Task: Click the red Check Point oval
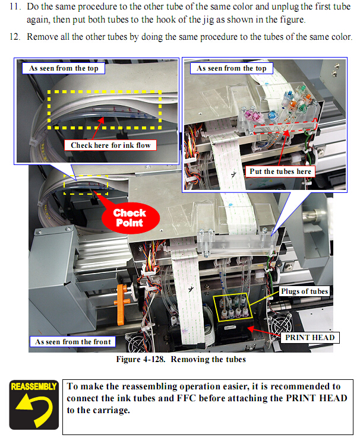click(x=130, y=217)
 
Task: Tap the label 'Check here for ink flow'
click(x=110, y=145)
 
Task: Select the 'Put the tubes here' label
click(x=280, y=172)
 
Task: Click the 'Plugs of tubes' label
click(x=304, y=291)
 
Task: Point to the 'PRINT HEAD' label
click(x=309, y=338)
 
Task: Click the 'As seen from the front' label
click(x=72, y=342)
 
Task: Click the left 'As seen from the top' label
click(x=64, y=68)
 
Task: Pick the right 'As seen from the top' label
click(x=232, y=68)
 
